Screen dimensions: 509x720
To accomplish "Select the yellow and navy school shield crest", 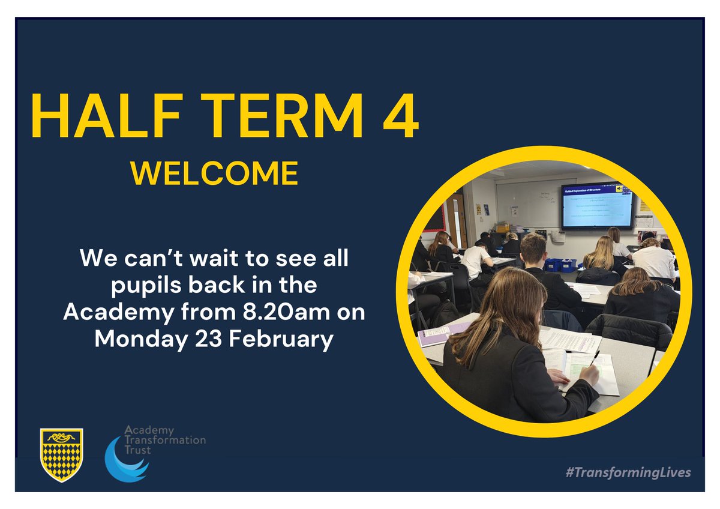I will pos(61,454).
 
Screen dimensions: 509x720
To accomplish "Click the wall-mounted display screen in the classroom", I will pos(596,206).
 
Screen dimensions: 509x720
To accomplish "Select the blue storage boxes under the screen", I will pos(560,264).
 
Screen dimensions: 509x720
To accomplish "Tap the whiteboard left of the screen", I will pos(527,204).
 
